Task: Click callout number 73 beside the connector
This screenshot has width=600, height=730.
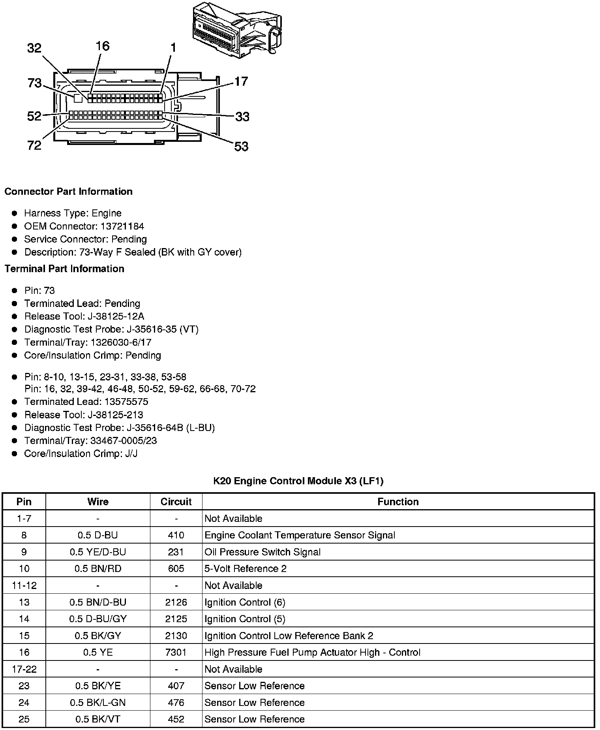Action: [x=35, y=83]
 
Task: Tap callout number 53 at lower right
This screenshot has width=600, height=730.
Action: [x=241, y=147]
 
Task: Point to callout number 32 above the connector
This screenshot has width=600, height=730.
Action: [x=34, y=48]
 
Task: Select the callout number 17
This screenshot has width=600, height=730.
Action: [x=241, y=81]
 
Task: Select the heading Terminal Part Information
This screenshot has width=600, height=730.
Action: [x=64, y=269]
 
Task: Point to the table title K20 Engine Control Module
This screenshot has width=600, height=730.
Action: [x=298, y=481]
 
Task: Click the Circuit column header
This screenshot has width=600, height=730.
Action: [x=176, y=502]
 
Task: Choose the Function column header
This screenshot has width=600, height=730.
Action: [x=398, y=502]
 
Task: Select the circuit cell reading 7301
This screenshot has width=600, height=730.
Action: [x=176, y=652]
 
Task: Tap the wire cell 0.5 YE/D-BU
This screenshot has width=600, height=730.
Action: [x=98, y=552]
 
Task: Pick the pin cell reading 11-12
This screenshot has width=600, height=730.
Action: [x=24, y=585]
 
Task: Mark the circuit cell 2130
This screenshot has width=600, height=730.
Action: [x=176, y=636]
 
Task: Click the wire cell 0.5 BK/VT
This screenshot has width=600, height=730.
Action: [x=98, y=719]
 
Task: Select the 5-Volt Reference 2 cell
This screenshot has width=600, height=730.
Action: [x=246, y=568]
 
